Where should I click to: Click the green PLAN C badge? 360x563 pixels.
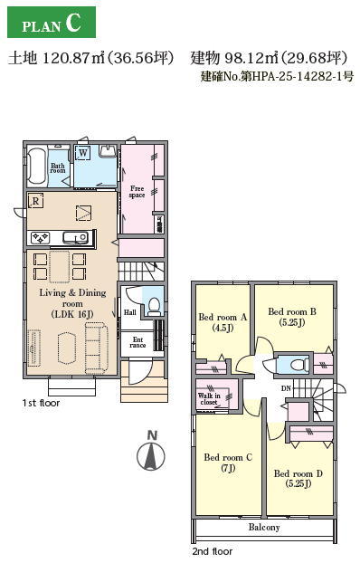52,22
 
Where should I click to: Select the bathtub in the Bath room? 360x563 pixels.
37,167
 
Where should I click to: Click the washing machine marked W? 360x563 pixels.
83,153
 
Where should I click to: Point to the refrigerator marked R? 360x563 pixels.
36,201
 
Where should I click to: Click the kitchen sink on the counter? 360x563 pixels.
75,238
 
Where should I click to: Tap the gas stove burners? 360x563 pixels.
40,238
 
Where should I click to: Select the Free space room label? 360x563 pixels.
137,192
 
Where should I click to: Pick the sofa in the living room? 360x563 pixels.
97,348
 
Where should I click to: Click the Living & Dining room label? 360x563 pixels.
72,303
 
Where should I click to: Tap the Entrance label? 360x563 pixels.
137,342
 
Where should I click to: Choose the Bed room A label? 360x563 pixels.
223,322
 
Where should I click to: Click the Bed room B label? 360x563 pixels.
292,317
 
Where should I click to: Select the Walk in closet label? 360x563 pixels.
209,399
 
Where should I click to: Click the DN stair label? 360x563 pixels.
286,388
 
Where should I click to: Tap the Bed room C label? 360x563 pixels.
228,463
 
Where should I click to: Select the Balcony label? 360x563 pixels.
264,527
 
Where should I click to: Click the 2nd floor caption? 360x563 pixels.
213,551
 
